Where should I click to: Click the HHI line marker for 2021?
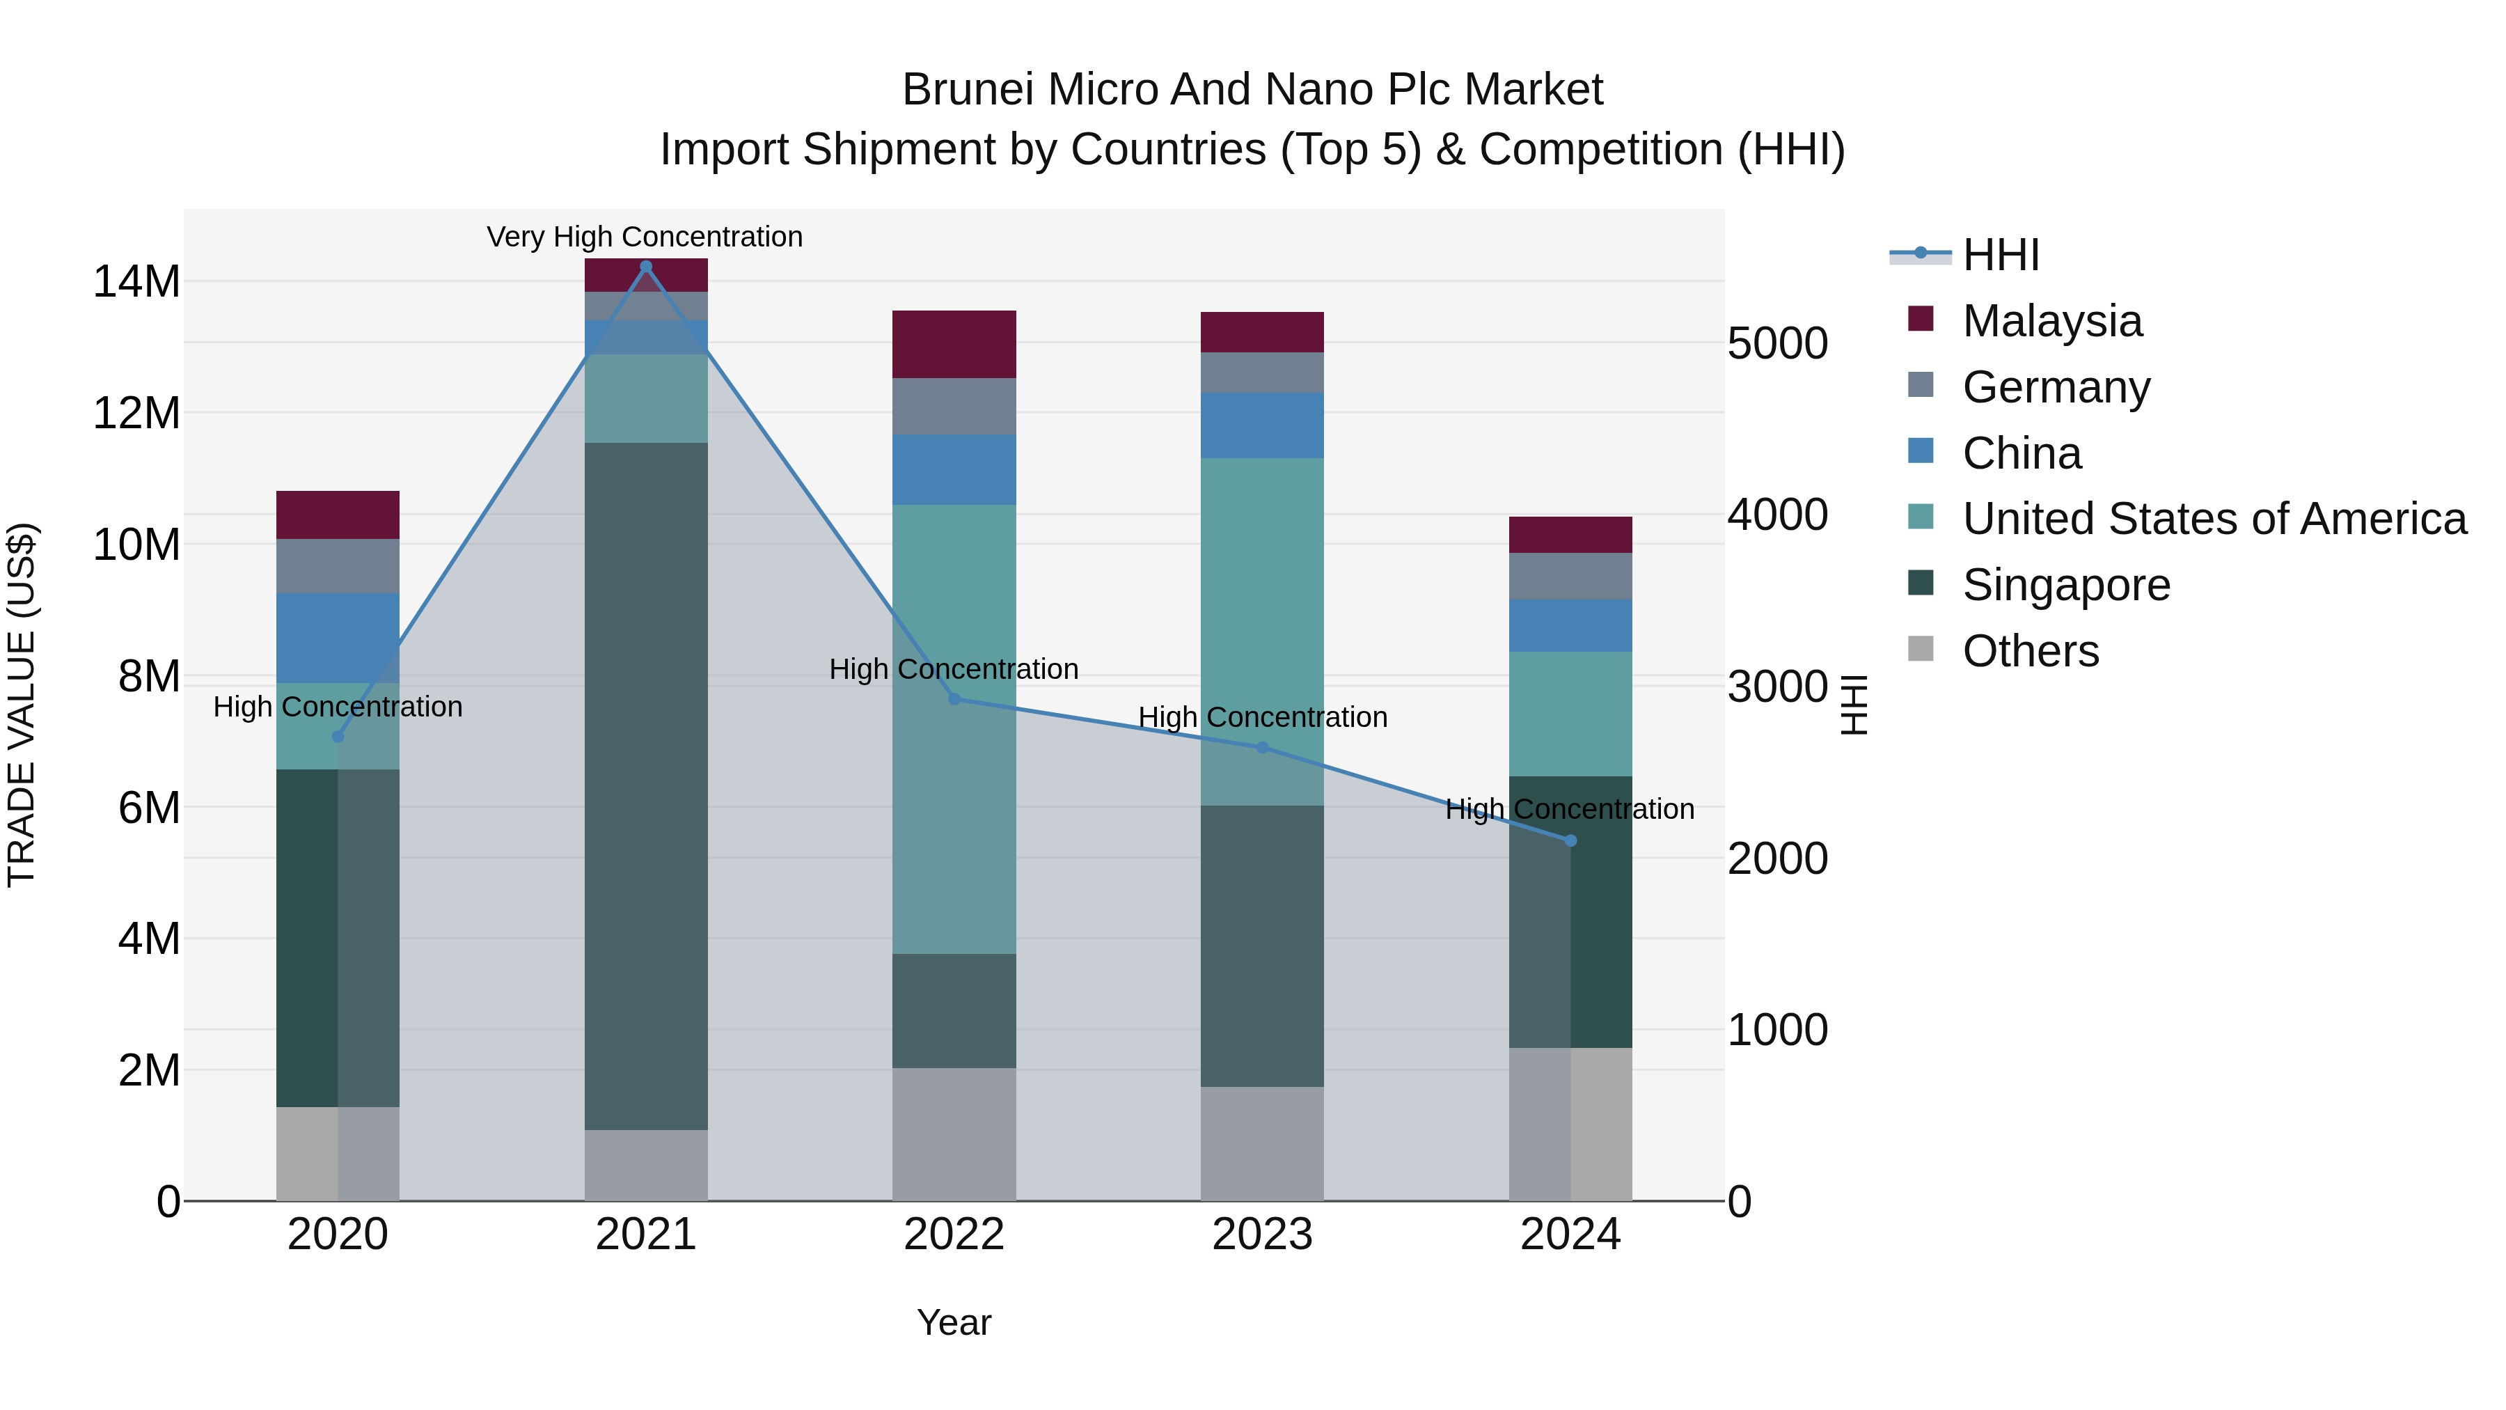645,267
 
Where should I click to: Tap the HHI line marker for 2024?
1570,840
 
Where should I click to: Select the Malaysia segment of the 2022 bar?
954,345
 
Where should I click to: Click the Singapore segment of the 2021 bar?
645,786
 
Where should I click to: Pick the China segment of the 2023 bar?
1262,425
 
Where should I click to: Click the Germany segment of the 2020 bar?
338,566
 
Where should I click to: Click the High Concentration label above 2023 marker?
1262,717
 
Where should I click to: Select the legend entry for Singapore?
2065,585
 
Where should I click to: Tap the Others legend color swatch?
1921,649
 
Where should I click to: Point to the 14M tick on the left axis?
136,281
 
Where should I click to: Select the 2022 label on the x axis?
954,1235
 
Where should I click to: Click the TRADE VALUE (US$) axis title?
22,705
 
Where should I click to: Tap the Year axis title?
954,1322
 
